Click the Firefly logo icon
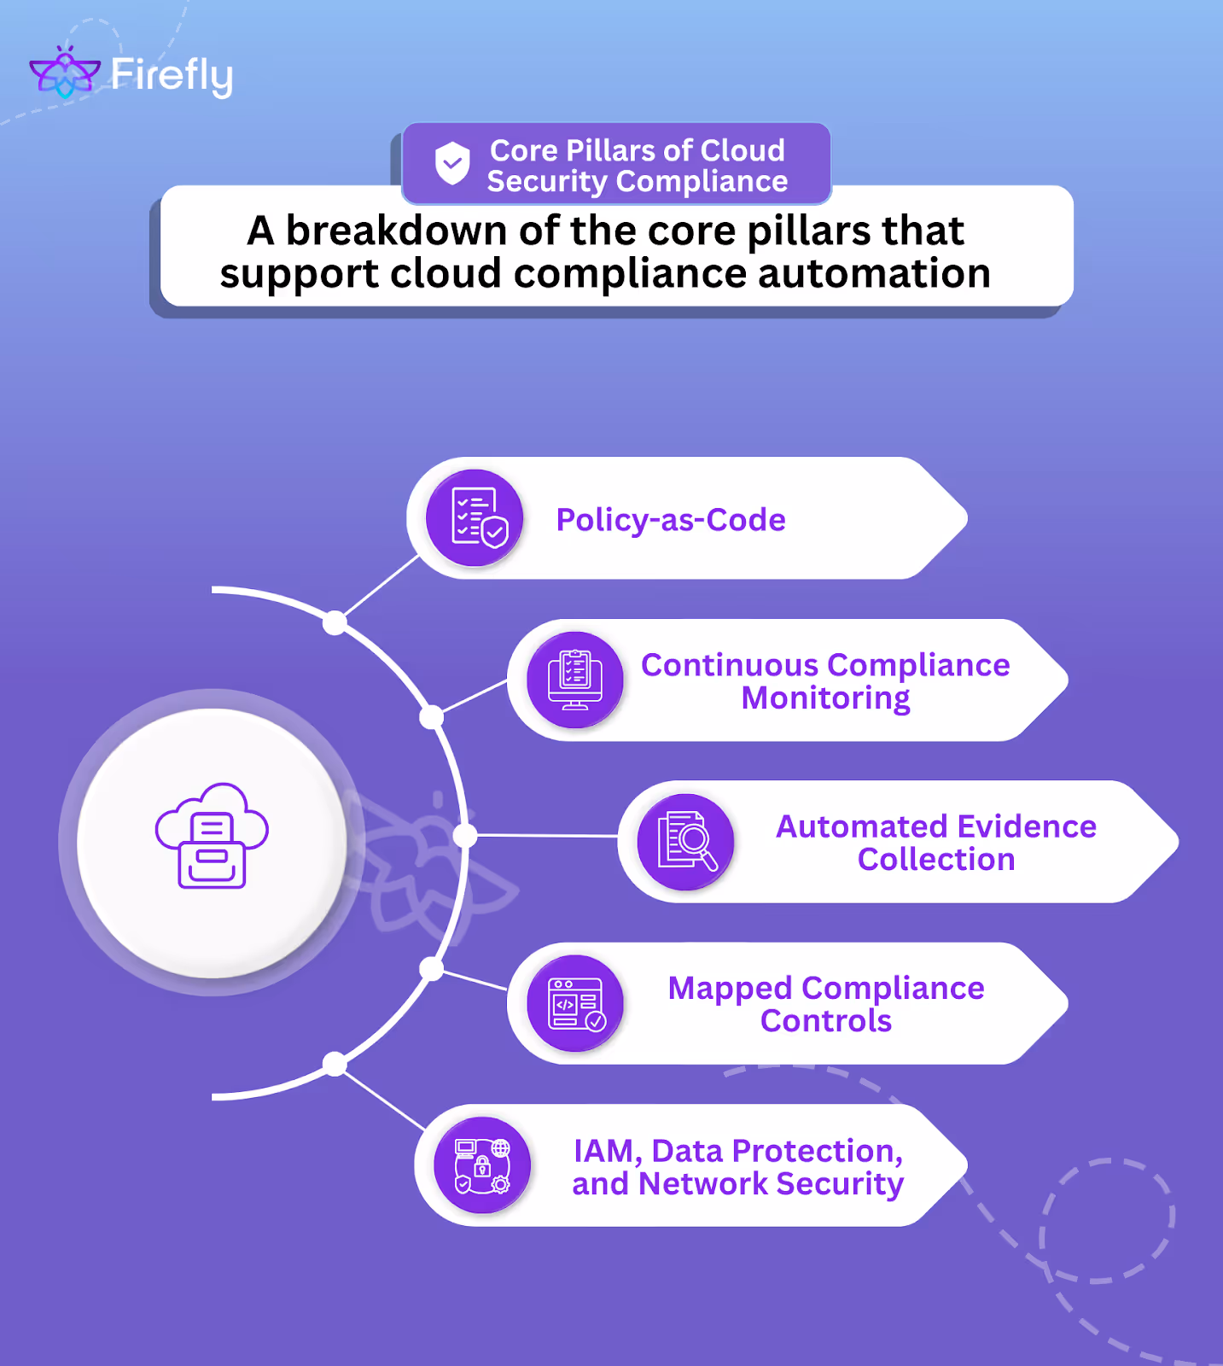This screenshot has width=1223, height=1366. click(64, 73)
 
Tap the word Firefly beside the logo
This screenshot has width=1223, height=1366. click(172, 76)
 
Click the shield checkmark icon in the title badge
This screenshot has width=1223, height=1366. click(452, 162)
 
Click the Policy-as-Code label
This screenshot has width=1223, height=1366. click(671, 520)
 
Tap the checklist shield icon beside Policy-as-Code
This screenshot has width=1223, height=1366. click(475, 517)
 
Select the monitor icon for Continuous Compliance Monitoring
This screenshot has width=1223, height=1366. click(575, 680)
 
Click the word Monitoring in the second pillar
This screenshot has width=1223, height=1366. click(825, 698)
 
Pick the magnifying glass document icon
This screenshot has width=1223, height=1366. click(686, 842)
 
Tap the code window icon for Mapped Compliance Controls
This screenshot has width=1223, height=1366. click(575, 1003)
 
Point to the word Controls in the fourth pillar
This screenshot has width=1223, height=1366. click(825, 1021)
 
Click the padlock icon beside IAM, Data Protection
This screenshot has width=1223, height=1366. click(482, 1165)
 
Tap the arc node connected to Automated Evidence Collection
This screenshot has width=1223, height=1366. click(465, 836)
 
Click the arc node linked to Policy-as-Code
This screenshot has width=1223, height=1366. click(335, 622)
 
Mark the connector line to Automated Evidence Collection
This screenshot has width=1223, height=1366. click(546, 836)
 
